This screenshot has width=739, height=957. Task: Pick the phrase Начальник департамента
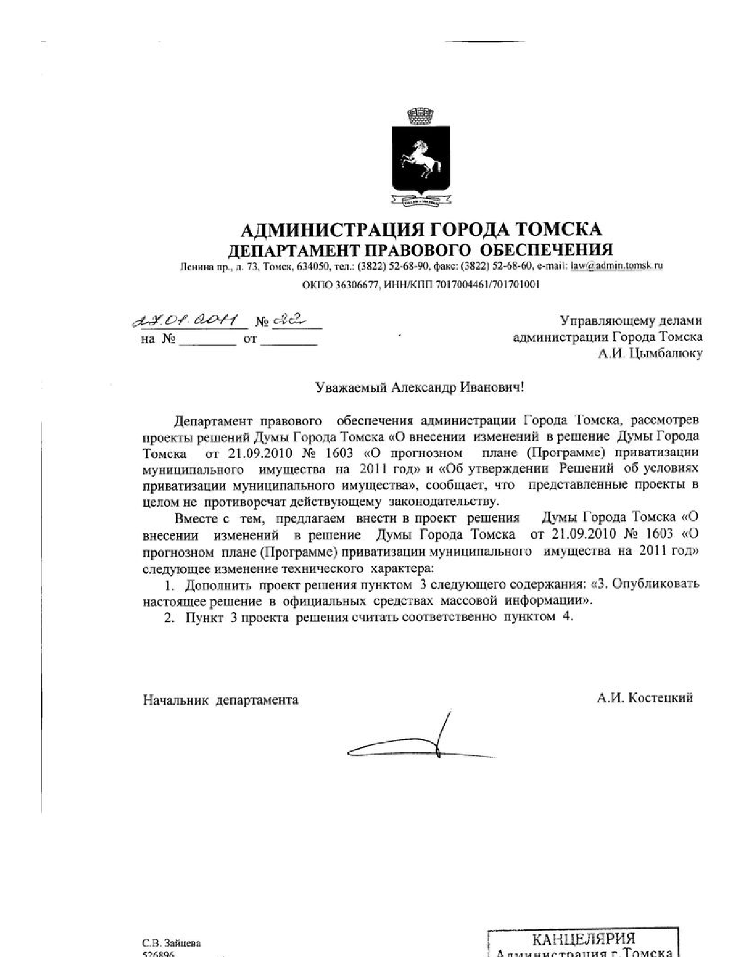click(x=221, y=700)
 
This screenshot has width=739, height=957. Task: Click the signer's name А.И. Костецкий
click(x=645, y=698)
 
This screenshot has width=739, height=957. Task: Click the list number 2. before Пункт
click(x=169, y=617)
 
